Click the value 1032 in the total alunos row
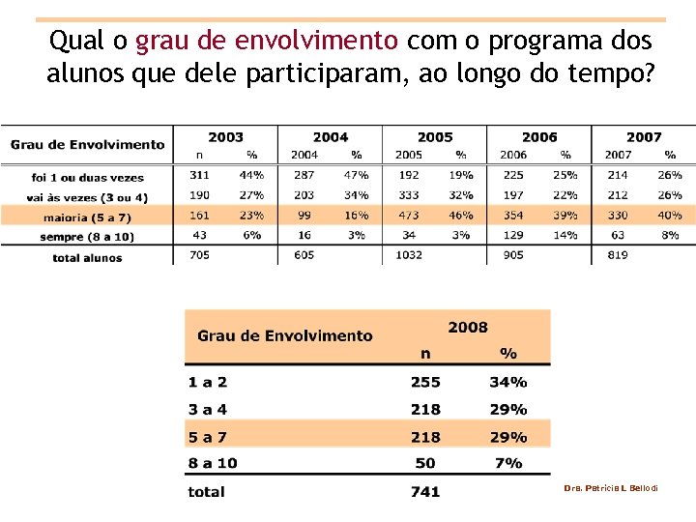408,255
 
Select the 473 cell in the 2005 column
408,216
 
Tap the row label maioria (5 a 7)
87,217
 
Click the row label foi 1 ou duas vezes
87,178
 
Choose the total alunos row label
87,258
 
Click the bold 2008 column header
468,328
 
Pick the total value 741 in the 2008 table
425,492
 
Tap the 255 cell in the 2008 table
425,383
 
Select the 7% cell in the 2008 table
507,463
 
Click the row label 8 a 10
213,463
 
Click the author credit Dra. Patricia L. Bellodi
611,488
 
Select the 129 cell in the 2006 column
513,235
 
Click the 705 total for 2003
199,255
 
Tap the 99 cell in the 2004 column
304,216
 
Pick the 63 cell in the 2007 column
617,235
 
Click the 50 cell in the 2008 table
425,463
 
